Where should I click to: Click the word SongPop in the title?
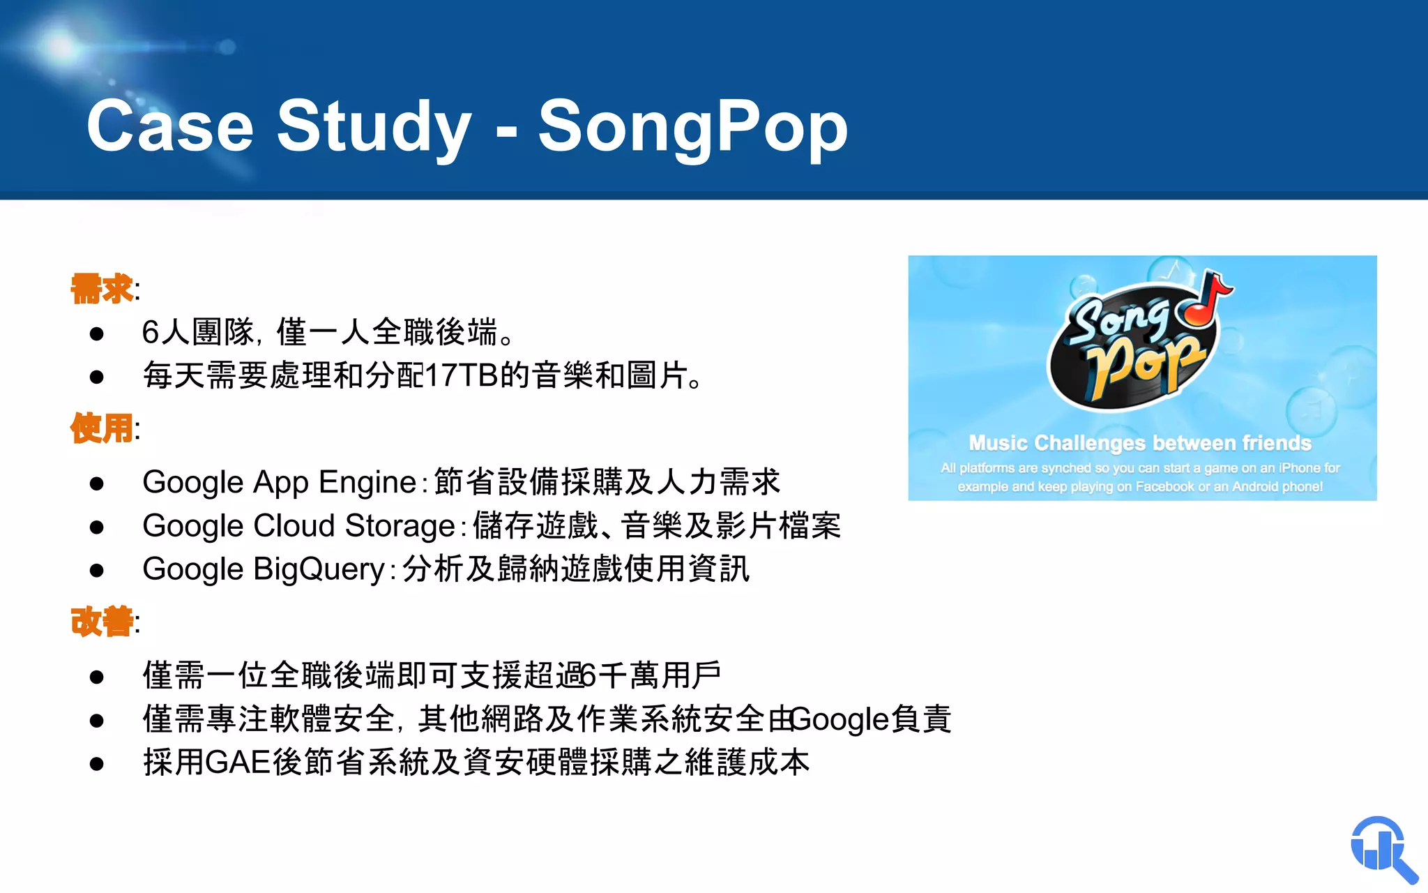(x=692, y=128)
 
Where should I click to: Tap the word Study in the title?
(x=374, y=128)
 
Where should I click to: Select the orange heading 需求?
(x=102, y=289)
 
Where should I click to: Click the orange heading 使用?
(x=102, y=428)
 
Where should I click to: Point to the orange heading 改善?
(x=102, y=621)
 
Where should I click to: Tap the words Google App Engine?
(x=279, y=482)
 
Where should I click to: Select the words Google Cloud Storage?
(x=298, y=526)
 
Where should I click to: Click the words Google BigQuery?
(x=264, y=569)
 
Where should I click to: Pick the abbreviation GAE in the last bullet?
(x=238, y=762)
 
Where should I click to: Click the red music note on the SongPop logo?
(x=1205, y=300)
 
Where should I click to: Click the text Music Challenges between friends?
(x=1140, y=443)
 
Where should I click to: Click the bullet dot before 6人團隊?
(x=97, y=333)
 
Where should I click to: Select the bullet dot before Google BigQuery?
(x=97, y=571)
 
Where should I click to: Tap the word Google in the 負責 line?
(x=840, y=719)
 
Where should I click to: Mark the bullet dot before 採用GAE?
(x=97, y=763)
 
